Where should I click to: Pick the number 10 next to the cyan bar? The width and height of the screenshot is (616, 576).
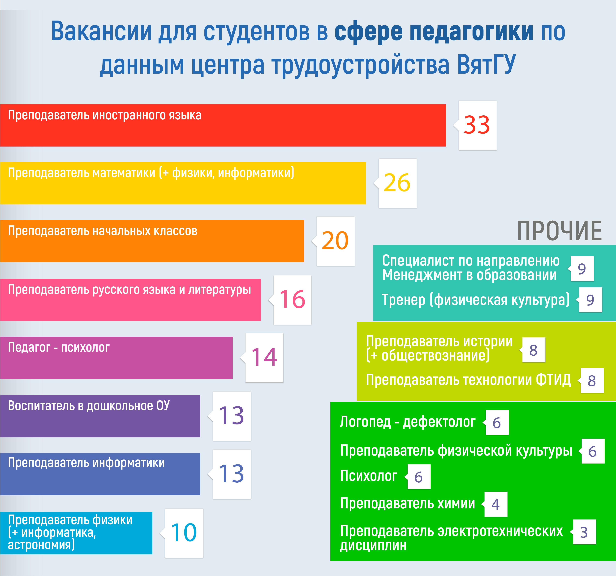(184, 533)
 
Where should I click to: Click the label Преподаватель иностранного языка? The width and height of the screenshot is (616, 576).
(105, 115)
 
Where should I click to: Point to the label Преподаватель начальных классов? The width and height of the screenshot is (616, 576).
(103, 231)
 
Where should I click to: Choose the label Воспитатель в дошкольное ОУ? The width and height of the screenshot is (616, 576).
(89, 406)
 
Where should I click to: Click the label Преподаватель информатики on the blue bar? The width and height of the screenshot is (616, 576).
(86, 463)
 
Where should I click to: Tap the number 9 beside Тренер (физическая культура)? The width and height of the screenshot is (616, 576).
(590, 300)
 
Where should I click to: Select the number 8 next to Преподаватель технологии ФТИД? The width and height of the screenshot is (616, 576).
(592, 381)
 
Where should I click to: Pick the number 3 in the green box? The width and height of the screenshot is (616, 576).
(584, 532)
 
